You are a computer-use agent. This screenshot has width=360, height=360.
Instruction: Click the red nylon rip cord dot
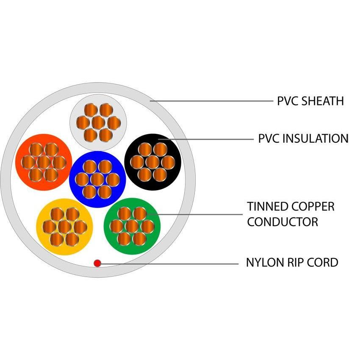pyautogui.click(x=97, y=263)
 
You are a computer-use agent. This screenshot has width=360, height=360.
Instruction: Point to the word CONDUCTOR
pyautogui.click(x=282, y=222)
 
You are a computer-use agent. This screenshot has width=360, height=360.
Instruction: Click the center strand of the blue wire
pyautogui.click(x=97, y=179)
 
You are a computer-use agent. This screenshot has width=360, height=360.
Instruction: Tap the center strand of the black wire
pyautogui.click(x=152, y=161)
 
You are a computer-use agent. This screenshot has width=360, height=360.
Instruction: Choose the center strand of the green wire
pyautogui.click(x=132, y=226)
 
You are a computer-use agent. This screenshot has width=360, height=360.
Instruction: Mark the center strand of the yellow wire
pyautogui.click(x=64, y=227)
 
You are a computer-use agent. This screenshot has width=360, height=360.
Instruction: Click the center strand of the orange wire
pyautogui.click(x=43, y=162)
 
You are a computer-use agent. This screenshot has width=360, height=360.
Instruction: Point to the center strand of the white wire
pyautogui.click(x=98, y=122)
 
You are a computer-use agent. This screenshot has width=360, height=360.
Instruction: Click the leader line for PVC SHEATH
pyautogui.click(x=212, y=101)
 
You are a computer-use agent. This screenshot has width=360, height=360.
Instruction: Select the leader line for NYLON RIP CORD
pyautogui.click(x=169, y=263)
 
